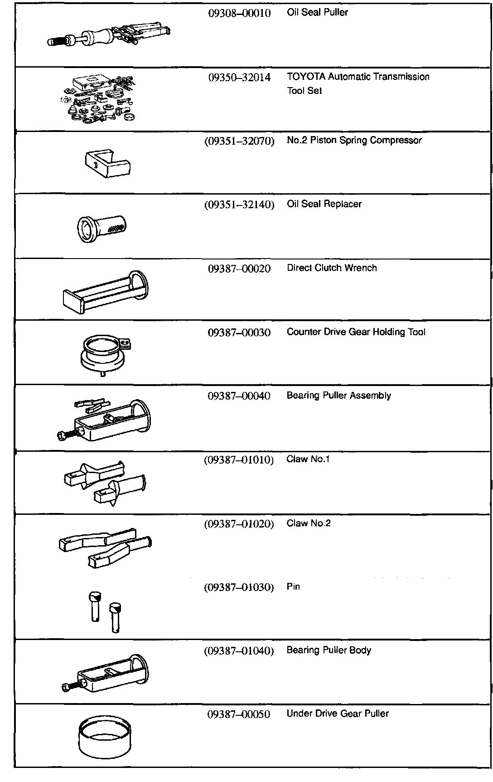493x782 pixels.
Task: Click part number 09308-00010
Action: [239, 13]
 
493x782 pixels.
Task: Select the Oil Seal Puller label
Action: [317, 12]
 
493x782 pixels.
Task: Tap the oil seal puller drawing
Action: [109, 36]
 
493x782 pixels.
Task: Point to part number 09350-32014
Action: [239, 78]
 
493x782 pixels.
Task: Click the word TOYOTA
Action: [306, 77]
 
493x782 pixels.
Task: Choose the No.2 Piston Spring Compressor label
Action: [354, 140]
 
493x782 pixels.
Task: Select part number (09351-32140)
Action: [239, 205]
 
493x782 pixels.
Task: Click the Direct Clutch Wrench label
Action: [332, 268]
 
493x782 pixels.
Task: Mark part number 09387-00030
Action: [239, 332]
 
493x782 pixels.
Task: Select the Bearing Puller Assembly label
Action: [338, 396]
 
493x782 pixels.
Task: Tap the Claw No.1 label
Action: [308, 459]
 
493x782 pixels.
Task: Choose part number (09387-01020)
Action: [239, 524]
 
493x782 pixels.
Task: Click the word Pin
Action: [293, 586]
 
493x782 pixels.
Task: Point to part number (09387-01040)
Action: [239, 651]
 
